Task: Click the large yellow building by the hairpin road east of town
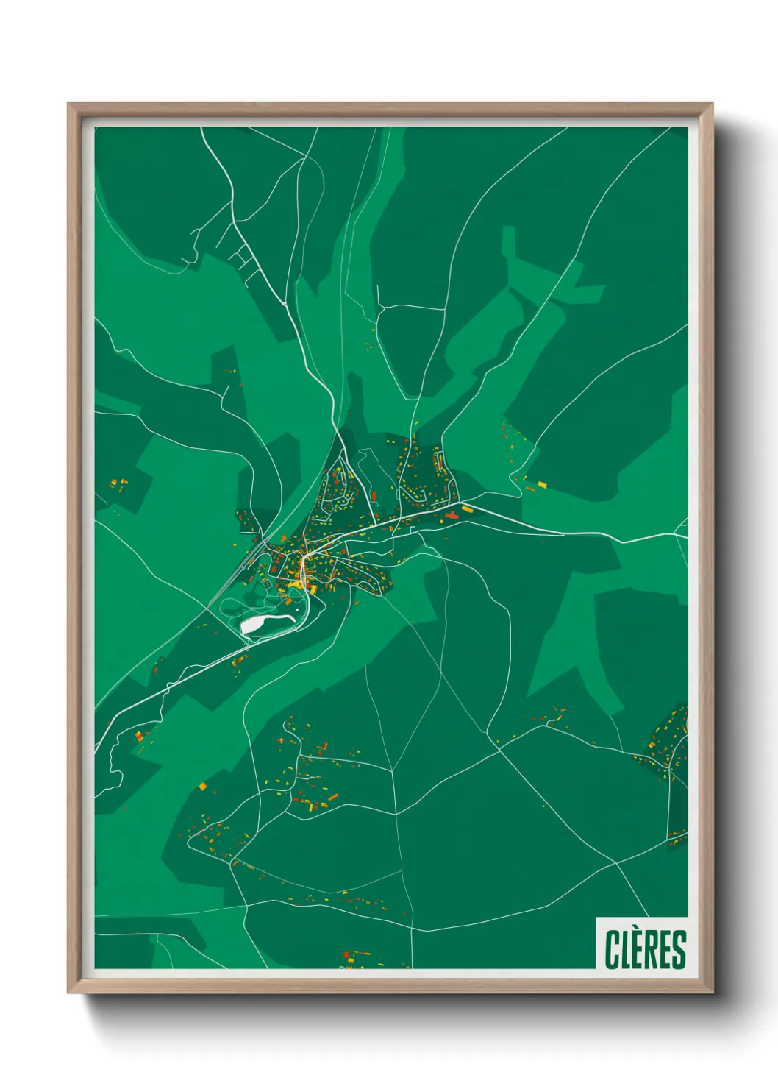coord(542,484)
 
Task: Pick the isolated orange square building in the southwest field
coord(202,786)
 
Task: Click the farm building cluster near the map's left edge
coord(118,483)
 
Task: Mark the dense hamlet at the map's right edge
coord(669,743)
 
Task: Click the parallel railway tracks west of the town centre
coord(250,559)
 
